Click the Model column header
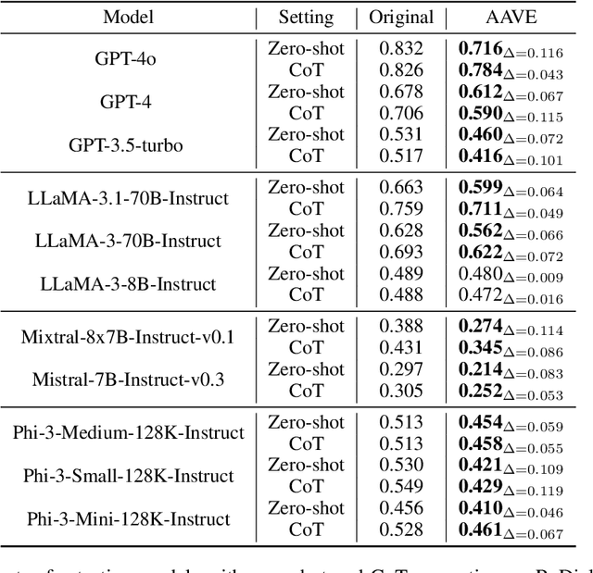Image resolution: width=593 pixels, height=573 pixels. coord(129,17)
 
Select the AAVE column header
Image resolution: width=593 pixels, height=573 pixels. coord(511,17)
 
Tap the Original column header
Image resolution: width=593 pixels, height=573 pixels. coord(401,17)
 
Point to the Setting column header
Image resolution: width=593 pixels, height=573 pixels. coord(307,17)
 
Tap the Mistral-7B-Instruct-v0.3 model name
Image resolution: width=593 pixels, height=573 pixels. coord(129,379)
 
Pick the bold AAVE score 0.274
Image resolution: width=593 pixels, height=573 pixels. coord(480,326)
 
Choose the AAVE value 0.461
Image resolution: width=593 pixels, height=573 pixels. coord(480,530)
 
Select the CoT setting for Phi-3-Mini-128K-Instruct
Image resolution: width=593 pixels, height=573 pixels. coord(307,529)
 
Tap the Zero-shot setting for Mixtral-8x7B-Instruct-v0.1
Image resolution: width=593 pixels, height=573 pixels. coord(307,326)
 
